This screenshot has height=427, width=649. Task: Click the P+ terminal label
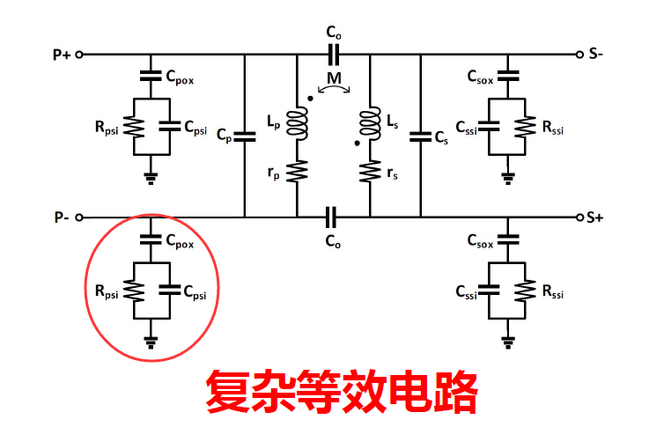61,55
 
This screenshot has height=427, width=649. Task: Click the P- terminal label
60,217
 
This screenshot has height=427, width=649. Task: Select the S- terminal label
597,55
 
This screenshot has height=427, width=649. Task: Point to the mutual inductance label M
333,80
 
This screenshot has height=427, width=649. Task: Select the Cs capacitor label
441,136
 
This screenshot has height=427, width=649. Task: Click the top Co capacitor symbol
333,55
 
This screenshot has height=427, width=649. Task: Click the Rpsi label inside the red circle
105,290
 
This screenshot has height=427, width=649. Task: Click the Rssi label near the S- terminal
556,129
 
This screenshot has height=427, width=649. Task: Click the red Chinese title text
342,392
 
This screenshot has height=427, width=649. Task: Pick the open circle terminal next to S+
579,217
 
